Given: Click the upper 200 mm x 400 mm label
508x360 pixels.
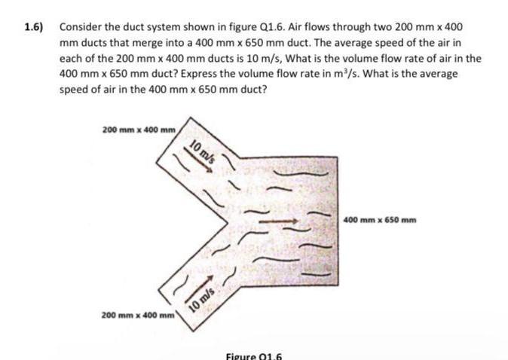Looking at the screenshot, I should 138,130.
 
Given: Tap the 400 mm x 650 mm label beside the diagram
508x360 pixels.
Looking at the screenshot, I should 380,220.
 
